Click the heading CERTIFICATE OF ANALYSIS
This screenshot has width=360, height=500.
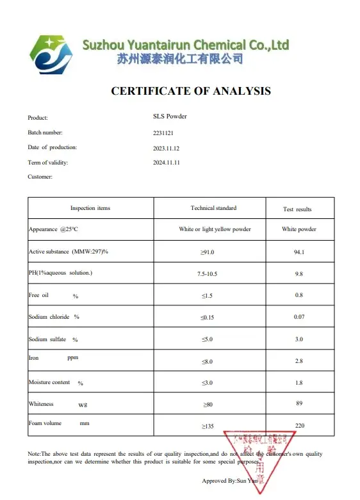[191, 91]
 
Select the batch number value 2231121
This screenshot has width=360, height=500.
[163, 133]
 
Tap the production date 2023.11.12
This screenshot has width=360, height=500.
[167, 147]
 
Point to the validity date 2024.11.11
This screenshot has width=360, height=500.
[167, 163]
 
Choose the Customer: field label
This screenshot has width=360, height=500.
[40, 176]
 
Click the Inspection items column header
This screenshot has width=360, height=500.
[90, 208]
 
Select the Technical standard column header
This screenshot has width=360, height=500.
[213, 208]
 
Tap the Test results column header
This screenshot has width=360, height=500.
[298, 209]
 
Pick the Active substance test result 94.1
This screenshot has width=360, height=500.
[299, 252]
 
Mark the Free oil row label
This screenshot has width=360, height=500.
[40, 296]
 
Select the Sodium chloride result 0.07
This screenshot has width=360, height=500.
[299, 317]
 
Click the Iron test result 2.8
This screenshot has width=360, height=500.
[299, 362]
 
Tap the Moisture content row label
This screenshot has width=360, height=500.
[49, 383]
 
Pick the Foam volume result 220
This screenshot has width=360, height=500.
[299, 426]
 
